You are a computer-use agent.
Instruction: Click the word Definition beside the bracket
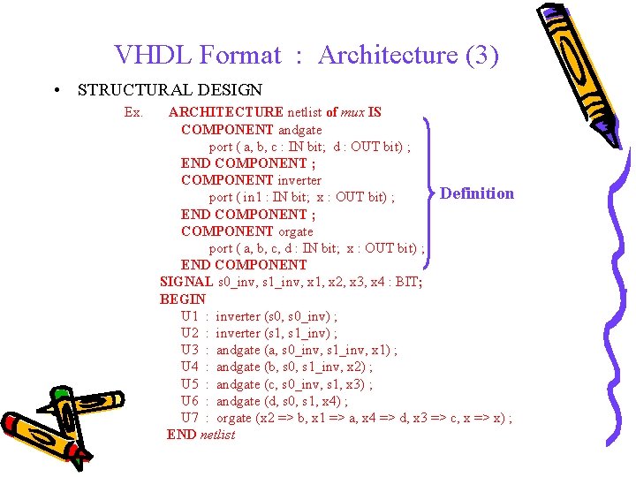click(x=477, y=193)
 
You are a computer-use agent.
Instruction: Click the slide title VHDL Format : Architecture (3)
click(x=307, y=56)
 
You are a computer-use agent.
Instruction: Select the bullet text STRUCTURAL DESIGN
click(x=170, y=89)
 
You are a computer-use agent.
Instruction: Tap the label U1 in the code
click(x=190, y=316)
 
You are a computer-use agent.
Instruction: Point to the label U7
click(x=190, y=418)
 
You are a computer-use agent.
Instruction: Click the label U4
click(x=190, y=367)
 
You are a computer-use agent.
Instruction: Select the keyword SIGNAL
click(x=186, y=282)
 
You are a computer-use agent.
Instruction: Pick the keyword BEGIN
click(x=183, y=299)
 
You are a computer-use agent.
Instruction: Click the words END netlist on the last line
click(x=201, y=435)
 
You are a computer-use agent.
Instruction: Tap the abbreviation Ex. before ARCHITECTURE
click(x=134, y=112)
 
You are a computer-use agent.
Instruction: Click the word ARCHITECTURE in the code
click(x=226, y=112)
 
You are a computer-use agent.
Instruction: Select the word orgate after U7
click(x=234, y=418)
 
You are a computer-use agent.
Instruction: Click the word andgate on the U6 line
click(x=238, y=401)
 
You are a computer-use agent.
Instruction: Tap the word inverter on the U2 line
click(x=238, y=333)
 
